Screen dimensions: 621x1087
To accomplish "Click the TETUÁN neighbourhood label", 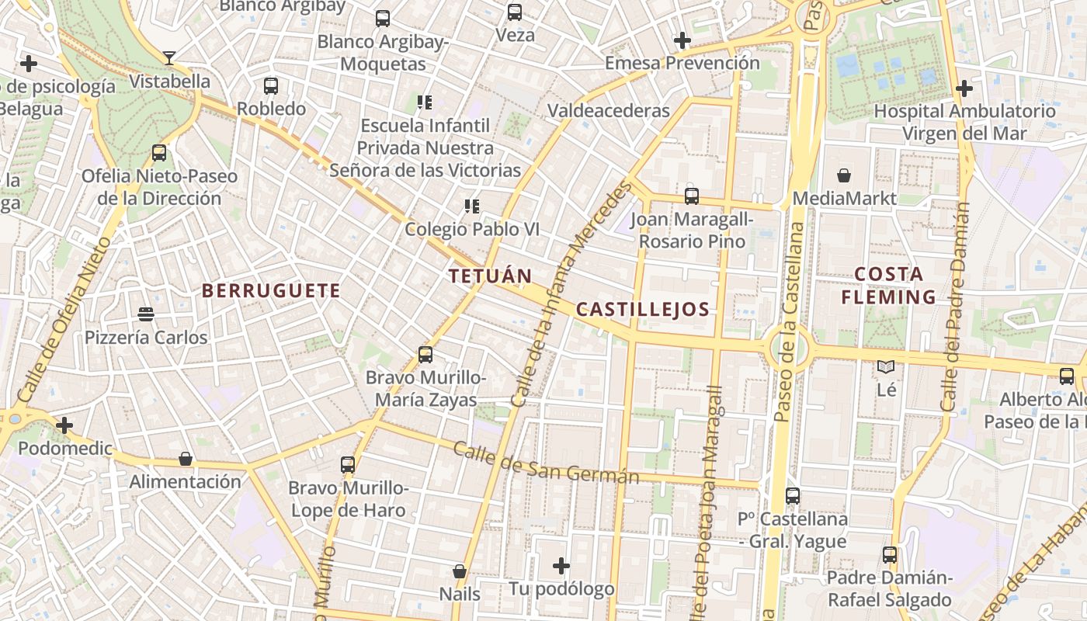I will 490,276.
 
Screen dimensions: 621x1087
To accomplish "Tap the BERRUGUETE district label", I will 271,291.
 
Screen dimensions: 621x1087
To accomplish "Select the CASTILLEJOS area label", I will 643,310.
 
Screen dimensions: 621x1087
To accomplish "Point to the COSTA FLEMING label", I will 889,286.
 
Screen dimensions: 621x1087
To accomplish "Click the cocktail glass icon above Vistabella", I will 169,57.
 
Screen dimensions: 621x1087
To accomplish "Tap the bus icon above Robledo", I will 271,85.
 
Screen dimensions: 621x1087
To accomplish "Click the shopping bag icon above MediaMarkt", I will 844,176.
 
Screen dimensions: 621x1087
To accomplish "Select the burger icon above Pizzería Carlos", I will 146,314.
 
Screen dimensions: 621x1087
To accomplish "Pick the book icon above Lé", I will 886,366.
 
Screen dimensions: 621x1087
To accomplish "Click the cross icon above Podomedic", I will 64,425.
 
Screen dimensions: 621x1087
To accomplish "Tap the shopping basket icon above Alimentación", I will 186,459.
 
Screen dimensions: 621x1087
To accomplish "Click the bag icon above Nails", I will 460,571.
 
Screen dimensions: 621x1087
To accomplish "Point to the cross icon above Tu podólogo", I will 561,566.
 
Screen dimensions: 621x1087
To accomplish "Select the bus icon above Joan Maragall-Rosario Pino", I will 692,196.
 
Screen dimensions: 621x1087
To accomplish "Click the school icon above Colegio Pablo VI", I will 471,206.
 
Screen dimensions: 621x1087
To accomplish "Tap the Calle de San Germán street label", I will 546,463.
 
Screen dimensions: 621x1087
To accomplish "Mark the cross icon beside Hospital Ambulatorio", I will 964,88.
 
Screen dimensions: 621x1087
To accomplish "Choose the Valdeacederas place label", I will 609,111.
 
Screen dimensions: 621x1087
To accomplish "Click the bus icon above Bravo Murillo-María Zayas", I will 425,355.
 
